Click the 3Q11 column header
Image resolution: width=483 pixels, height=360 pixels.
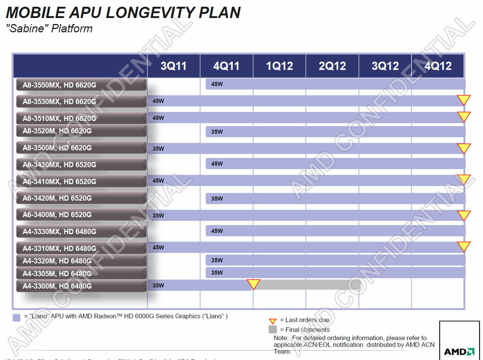pyautogui.click(x=173, y=66)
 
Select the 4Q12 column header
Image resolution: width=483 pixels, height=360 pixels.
pyautogui.click(x=438, y=66)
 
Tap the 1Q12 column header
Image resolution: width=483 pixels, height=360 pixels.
pyautogui.click(x=279, y=66)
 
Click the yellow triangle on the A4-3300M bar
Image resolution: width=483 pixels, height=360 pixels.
pyautogui.click(x=254, y=284)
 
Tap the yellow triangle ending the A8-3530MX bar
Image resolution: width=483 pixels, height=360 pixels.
pyautogui.click(x=464, y=100)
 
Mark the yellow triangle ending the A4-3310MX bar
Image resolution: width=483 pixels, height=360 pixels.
pyautogui.click(x=464, y=246)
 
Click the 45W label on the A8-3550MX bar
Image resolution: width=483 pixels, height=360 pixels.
pyautogui.click(x=217, y=84)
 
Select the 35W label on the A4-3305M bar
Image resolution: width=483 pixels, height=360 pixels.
pyautogui.click(x=217, y=273)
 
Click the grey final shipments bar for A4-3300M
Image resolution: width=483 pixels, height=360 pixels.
pyautogui.click(x=307, y=285)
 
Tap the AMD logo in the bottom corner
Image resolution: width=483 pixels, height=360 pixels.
pyautogui.click(x=459, y=352)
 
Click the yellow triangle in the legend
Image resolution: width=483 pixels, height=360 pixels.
pyautogui.click(x=273, y=321)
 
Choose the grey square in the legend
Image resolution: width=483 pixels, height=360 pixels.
pyautogui.click(x=273, y=330)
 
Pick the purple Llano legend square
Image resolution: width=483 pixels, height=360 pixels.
pyautogui.click(x=17, y=318)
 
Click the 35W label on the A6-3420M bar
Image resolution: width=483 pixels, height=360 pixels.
pyautogui.click(x=217, y=199)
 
